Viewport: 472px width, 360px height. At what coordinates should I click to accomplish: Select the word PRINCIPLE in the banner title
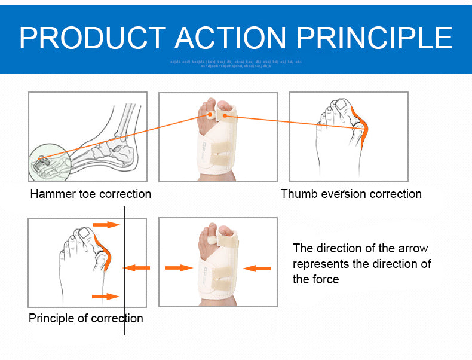[x=375, y=38]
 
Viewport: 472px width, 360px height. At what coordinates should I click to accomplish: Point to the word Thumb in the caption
[x=297, y=194]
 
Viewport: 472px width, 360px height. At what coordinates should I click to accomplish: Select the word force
[x=325, y=279]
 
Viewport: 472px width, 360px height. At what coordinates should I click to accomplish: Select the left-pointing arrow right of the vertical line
[x=137, y=268]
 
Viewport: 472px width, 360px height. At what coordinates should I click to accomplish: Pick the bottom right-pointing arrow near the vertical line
[x=106, y=296]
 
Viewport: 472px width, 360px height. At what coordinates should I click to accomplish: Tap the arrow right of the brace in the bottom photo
[x=258, y=268]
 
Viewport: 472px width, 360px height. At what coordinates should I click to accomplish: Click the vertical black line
[x=124, y=269]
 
